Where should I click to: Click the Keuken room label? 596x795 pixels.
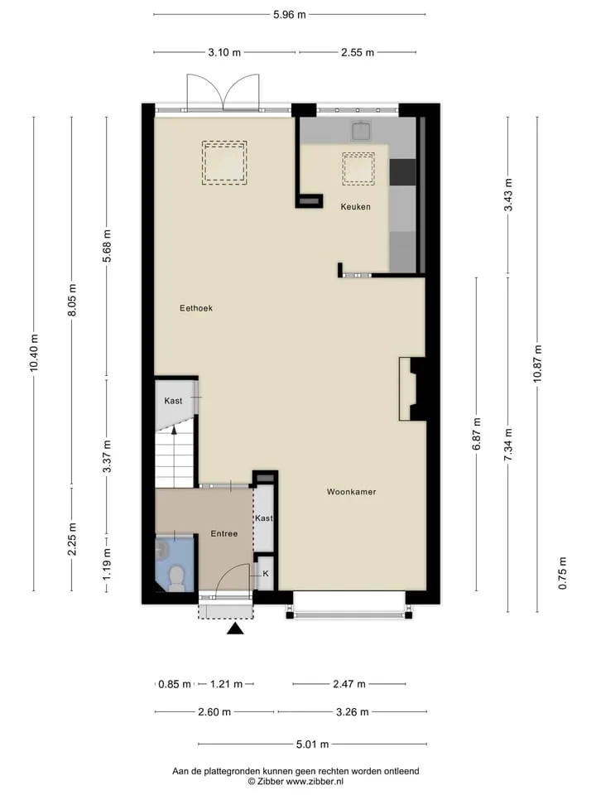click(355, 207)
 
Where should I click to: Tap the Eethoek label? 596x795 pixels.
click(196, 308)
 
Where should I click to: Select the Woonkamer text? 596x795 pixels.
click(351, 492)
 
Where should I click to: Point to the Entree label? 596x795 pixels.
click(224, 534)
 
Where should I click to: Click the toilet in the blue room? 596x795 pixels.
click(175, 579)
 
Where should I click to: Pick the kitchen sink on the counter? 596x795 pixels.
click(362, 130)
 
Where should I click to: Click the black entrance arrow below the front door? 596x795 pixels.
click(235, 629)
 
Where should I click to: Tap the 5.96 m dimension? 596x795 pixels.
click(290, 15)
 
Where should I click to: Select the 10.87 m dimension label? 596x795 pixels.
click(538, 364)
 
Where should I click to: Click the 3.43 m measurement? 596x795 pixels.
click(508, 195)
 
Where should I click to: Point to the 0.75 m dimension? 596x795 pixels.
click(563, 573)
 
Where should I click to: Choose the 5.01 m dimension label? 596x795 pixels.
click(313, 744)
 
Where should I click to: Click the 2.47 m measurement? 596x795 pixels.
click(349, 684)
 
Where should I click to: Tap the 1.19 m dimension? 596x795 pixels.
click(107, 565)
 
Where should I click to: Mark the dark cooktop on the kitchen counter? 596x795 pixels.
click(402, 172)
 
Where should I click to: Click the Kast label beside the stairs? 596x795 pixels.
click(173, 401)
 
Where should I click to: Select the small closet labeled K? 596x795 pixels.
click(265, 573)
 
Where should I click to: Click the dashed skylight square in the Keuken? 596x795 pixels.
click(358, 169)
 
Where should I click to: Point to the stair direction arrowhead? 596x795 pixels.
click(175, 431)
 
